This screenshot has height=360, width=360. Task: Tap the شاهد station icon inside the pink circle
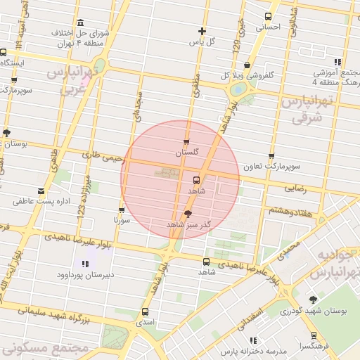click(196, 179)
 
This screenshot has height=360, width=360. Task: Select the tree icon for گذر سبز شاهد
click(188, 213)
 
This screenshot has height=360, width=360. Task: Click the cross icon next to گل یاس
click(202, 31)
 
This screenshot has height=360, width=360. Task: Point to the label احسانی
click(267, 27)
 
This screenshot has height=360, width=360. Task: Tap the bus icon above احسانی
click(267, 16)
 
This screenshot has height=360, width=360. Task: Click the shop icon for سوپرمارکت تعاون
click(271, 157)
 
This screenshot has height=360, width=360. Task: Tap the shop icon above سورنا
click(122, 210)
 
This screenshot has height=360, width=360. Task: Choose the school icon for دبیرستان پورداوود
click(85, 264)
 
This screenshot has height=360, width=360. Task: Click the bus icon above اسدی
click(146, 311)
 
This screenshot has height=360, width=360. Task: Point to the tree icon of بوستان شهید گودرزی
click(313, 300)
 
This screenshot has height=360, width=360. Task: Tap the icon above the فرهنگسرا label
click(313, 336)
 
